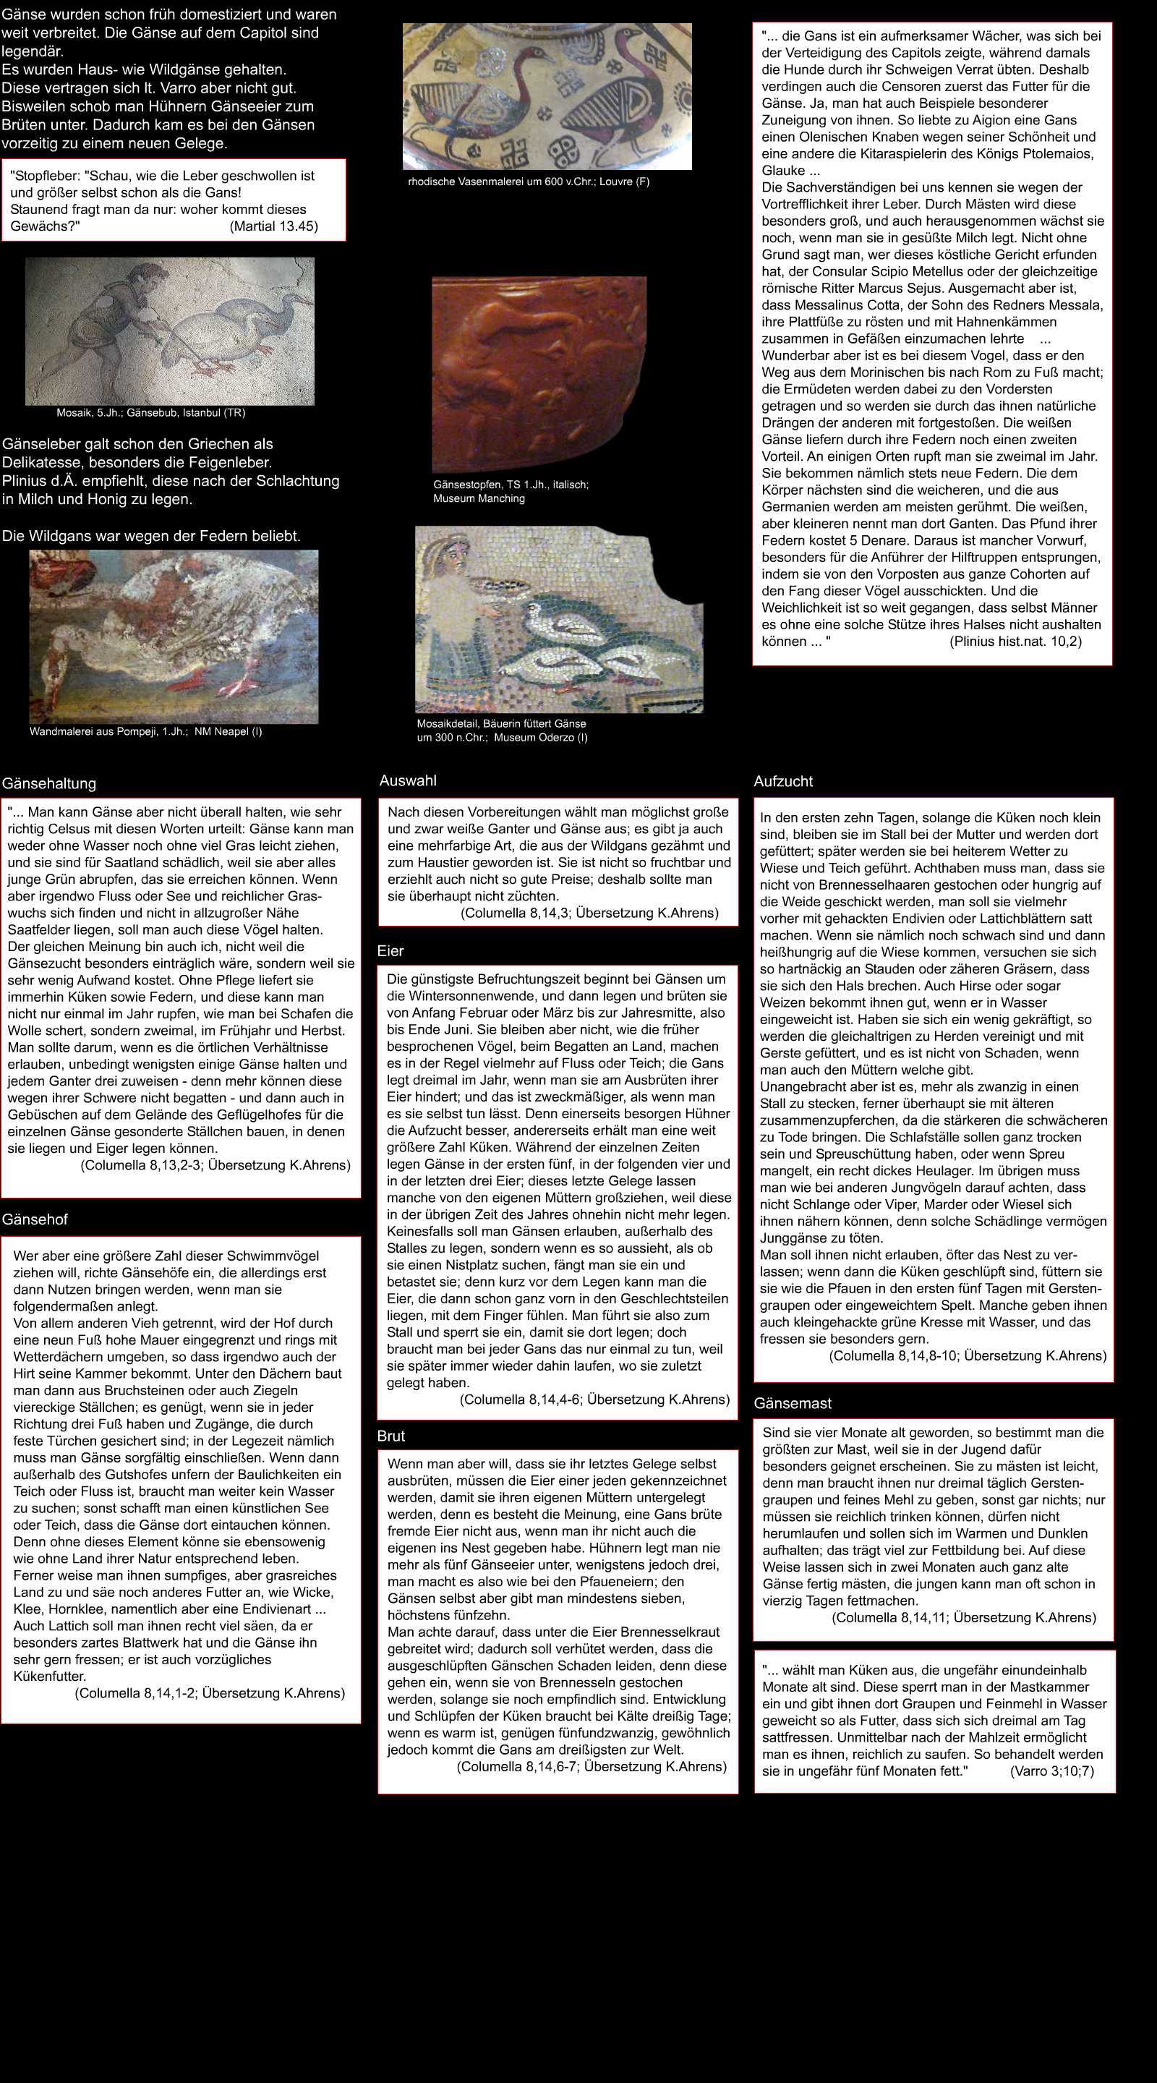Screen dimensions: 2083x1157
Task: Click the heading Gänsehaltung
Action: click(x=48, y=783)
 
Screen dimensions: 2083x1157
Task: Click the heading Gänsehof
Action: click(x=35, y=1219)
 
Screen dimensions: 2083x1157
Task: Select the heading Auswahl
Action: click(x=408, y=780)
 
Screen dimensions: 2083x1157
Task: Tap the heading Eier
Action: click(x=390, y=951)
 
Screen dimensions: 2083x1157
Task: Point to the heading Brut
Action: click(x=390, y=1436)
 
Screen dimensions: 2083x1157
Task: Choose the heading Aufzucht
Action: click(x=782, y=781)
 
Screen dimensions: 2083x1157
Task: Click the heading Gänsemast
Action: click(x=793, y=1403)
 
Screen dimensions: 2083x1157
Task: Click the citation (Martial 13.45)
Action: click(x=273, y=226)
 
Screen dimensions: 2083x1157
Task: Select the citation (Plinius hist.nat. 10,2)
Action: click(x=1015, y=642)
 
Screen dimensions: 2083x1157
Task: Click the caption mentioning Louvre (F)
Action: click(x=528, y=182)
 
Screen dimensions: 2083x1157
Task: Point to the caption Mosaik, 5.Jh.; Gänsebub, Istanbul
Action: click(x=150, y=413)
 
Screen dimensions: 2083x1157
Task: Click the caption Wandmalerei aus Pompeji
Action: click(x=145, y=732)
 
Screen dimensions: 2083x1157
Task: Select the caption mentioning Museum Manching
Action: click(x=511, y=492)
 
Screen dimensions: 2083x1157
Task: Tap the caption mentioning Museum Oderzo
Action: click(x=501, y=730)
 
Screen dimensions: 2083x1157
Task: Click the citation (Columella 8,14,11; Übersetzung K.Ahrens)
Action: click(x=964, y=1617)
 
